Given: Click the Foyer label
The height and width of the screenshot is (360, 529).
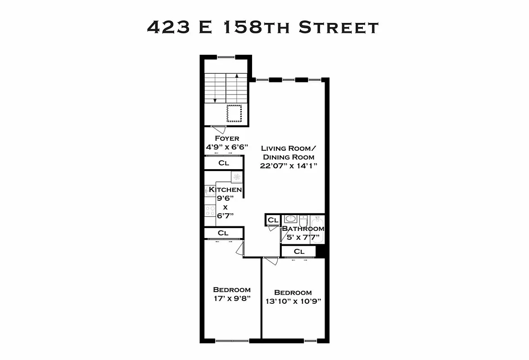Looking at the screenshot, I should pos(226,138).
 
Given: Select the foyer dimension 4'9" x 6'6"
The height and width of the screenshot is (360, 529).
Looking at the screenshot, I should pos(226,147).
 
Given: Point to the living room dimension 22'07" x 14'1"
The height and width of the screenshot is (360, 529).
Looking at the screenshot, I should pos(289,166).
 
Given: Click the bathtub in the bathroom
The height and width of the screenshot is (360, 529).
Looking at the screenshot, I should pos(317,229).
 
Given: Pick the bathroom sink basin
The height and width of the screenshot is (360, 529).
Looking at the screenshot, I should pos(290,220).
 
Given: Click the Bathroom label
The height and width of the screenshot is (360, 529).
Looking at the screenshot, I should pos(303,229).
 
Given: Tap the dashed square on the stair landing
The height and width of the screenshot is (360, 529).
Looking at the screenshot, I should pos(234,113).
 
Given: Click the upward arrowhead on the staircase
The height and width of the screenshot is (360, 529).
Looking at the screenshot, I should pos(237,76).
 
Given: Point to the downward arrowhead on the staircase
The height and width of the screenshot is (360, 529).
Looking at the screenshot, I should pos(215,100).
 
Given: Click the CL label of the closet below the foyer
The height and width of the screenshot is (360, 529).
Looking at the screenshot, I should pos(224,163).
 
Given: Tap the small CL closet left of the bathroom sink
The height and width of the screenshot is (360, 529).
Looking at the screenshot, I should pos(272,220).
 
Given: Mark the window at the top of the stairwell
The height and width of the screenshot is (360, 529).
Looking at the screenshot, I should pos(226,57).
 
